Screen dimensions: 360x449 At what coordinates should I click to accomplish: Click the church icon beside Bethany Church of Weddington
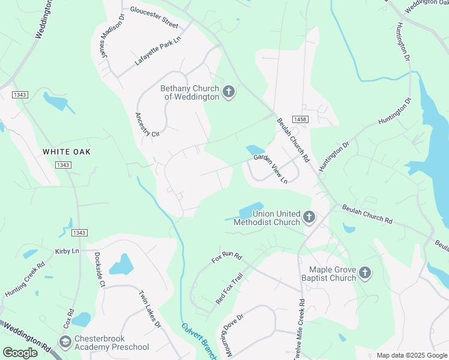[228, 92]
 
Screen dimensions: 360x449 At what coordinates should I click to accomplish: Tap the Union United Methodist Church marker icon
[309, 217]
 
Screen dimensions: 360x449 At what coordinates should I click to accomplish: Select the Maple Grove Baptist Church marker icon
[364, 274]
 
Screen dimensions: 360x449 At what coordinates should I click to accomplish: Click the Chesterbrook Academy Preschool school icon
[65, 342]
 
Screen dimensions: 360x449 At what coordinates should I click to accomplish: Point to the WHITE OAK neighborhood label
[67, 152]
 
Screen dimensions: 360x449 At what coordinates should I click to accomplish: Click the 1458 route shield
[300, 119]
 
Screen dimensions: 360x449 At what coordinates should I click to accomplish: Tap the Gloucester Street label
[154, 17]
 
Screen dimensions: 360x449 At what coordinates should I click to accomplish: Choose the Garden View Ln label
[271, 169]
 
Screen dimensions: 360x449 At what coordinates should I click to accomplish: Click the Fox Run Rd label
[226, 258]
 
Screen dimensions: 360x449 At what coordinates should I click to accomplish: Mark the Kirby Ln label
[67, 251]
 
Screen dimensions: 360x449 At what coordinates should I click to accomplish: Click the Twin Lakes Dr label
[150, 310]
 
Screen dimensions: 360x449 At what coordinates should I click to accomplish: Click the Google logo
[21, 352]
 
